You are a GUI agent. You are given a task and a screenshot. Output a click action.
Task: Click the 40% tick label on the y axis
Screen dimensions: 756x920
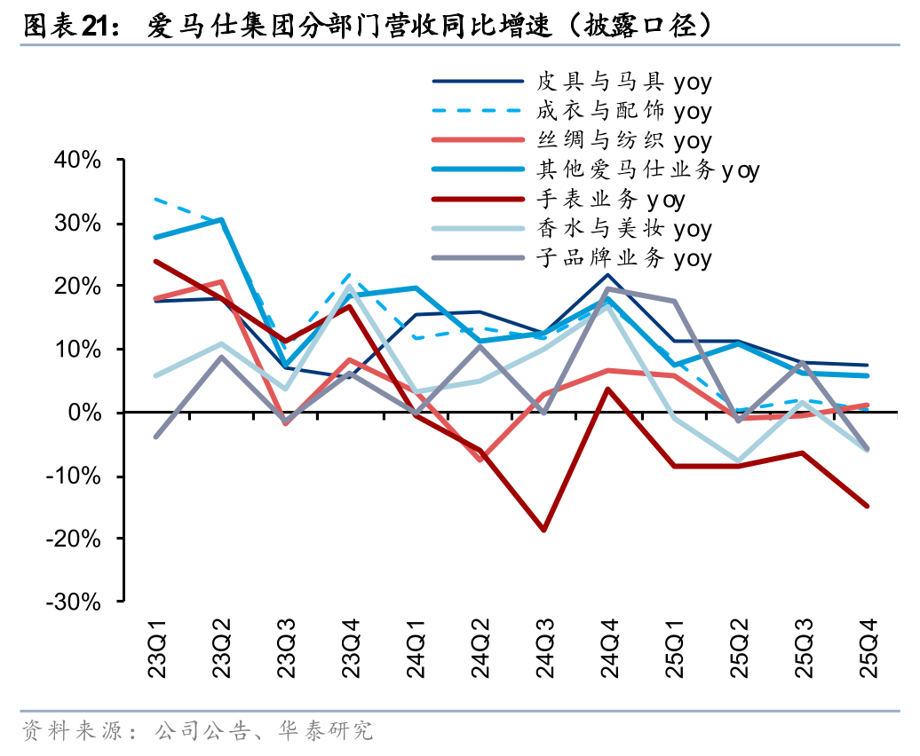point(78,161)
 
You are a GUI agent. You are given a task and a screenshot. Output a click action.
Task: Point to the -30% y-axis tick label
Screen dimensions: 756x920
point(75,602)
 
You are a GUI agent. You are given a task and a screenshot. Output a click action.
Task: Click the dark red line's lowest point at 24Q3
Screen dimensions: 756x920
point(543,530)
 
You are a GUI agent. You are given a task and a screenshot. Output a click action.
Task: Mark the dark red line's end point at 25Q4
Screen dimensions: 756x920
point(867,506)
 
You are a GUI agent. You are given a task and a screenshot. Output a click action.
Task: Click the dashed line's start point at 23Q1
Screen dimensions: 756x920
point(156,200)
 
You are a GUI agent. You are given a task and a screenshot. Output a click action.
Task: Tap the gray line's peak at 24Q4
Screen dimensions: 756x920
point(608,288)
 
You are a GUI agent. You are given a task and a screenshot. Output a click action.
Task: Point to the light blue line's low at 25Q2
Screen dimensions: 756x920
point(738,462)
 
